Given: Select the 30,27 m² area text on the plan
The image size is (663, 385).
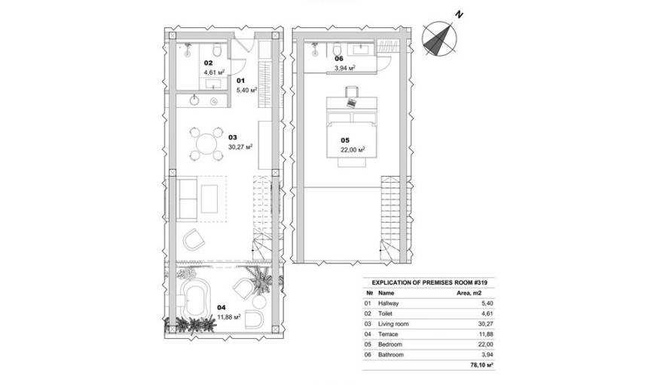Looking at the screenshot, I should point(240,148).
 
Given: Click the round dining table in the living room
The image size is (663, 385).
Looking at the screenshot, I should point(206,142).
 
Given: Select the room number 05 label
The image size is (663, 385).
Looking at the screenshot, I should point(345,140).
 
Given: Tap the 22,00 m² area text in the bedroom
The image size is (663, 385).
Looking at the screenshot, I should point(353,149).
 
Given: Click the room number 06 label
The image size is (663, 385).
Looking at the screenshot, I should point(339,58).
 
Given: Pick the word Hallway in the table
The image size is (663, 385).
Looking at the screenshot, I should point(390,303).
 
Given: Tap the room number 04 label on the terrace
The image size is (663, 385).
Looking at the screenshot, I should point(220,307).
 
